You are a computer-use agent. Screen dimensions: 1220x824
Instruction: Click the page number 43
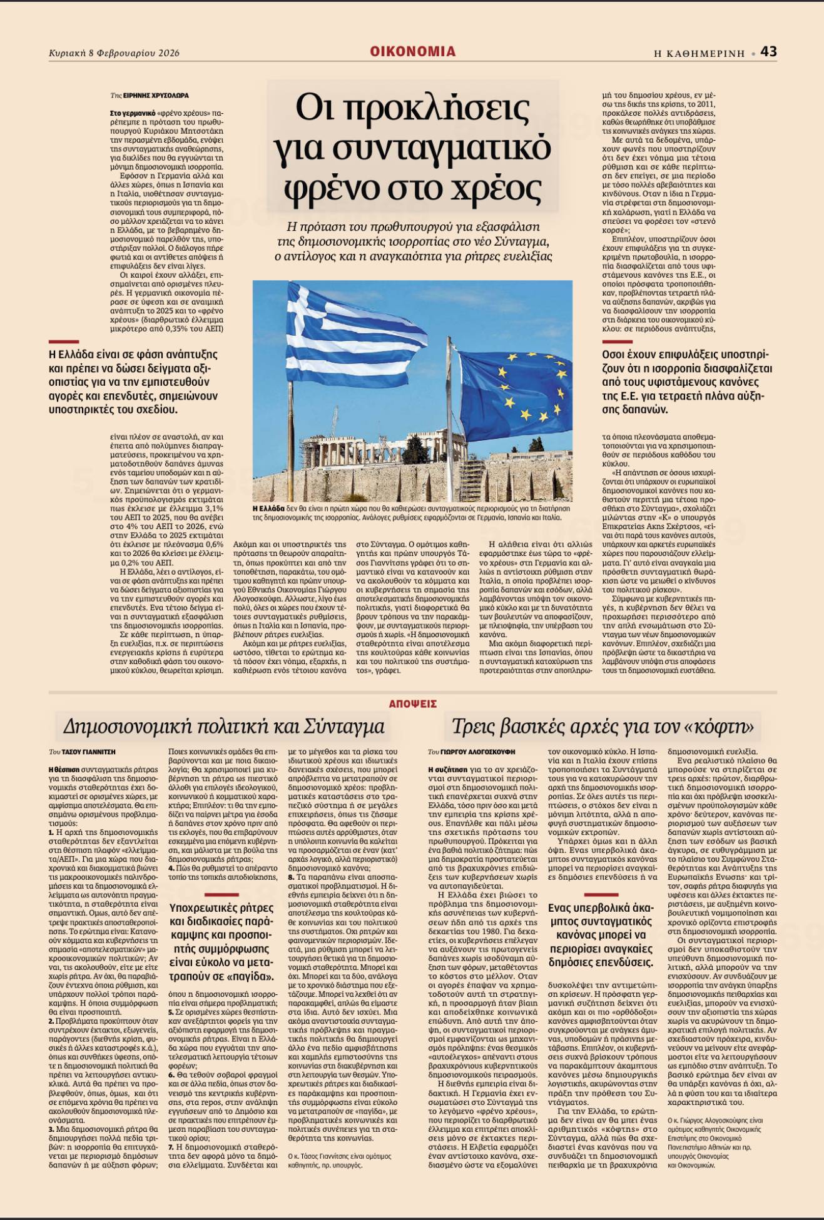tap(769, 51)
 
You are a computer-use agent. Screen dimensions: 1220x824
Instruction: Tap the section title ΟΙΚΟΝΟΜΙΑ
tap(412, 51)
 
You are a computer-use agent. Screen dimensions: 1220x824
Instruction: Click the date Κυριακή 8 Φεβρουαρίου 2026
tap(114, 53)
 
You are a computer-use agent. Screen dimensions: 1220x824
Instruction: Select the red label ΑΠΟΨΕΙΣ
tap(412, 703)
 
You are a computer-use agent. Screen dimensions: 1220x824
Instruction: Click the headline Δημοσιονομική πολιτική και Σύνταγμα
tap(223, 727)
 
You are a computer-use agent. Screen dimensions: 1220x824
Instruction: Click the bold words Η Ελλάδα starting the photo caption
tap(268, 508)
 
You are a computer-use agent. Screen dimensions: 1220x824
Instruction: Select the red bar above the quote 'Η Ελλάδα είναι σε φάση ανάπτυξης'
tap(64, 341)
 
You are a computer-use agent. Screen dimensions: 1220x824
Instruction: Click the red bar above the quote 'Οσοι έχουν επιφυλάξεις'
tap(617, 341)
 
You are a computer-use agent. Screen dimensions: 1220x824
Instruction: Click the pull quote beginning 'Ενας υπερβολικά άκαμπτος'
tap(601, 935)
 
